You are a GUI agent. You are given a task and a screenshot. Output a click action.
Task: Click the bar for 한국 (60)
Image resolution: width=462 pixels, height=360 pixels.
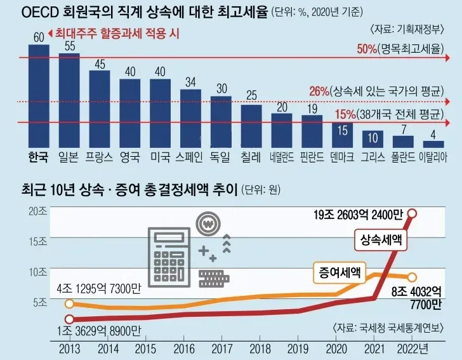[x=38, y=95]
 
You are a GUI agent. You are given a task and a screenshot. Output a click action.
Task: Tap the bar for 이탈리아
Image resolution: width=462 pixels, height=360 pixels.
[x=433, y=144]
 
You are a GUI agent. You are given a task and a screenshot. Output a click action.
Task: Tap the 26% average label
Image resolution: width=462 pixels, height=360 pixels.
[x=318, y=93]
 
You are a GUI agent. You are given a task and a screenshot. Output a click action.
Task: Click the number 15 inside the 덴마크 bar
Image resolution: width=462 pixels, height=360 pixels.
[x=343, y=130]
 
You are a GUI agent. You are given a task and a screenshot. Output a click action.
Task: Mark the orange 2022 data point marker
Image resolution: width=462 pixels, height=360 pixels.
[x=412, y=277]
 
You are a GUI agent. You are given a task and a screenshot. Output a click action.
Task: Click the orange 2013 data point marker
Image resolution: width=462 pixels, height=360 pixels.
[x=69, y=303]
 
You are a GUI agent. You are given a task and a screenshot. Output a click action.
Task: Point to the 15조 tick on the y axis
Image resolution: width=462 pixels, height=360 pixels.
[x=38, y=241]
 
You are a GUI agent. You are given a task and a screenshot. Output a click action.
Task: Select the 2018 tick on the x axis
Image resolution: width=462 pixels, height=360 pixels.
[x=260, y=348]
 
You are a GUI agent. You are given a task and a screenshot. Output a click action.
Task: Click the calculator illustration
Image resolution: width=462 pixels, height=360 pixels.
[x=168, y=257]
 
